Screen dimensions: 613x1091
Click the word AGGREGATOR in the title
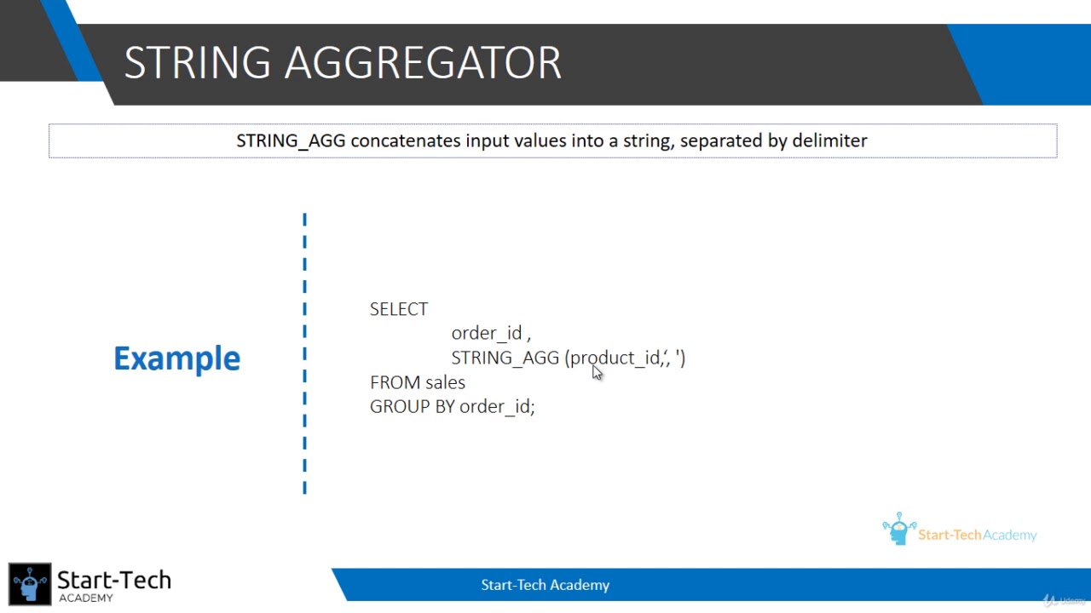coord(423,63)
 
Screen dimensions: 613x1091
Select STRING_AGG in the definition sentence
coord(291,140)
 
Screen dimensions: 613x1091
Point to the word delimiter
coord(829,140)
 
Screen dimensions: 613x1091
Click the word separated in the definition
coord(721,140)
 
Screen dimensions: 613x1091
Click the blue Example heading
coord(177,358)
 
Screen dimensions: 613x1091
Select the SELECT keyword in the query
coord(399,309)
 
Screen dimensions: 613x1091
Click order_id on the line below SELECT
coord(486,334)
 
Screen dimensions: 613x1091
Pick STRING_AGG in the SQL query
coord(505,358)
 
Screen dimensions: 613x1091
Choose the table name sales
coord(446,383)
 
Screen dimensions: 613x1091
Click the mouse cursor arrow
coord(597,373)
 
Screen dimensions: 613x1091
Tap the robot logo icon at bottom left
coord(30,584)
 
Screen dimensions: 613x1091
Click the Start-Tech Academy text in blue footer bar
coord(545,585)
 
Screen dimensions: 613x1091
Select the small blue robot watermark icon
coord(898,529)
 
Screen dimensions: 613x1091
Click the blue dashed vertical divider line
coord(304,353)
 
